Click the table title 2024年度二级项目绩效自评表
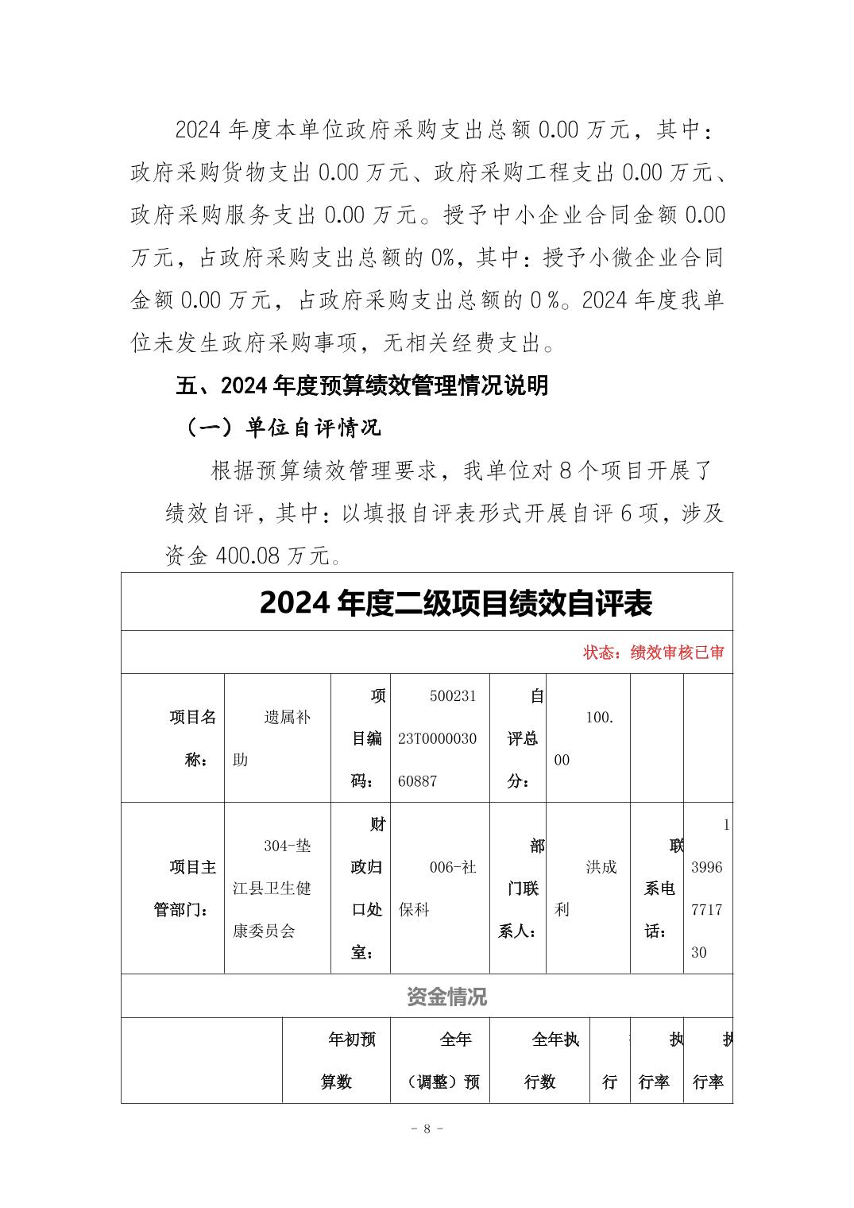455,603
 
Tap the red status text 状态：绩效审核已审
653,653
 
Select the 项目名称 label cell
192,738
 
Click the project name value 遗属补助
277,738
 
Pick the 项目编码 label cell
367,738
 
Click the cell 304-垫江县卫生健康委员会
276,888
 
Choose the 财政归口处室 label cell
367,888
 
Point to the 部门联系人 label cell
522,888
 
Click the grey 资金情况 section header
446,997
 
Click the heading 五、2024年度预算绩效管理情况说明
361,386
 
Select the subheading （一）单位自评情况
284,428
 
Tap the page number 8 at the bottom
427,1129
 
